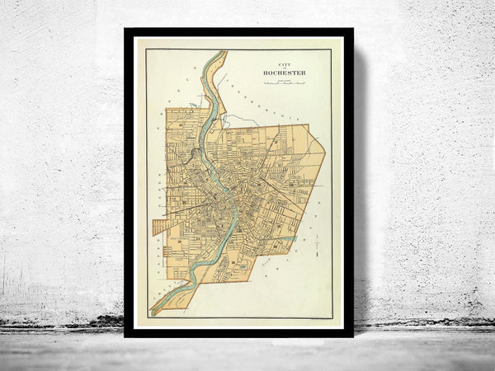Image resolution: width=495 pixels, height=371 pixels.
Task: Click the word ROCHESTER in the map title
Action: tap(284, 72)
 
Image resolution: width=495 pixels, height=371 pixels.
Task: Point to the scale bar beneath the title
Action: tap(284, 82)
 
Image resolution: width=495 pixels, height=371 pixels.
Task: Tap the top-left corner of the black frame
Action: tap(126, 31)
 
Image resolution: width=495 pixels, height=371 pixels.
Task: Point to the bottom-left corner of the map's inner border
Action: tap(146, 319)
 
